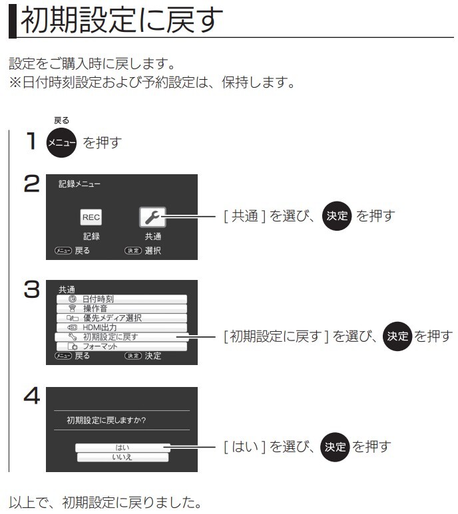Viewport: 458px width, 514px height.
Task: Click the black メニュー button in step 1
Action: click(x=61, y=142)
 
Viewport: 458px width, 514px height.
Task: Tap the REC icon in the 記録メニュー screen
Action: click(x=91, y=217)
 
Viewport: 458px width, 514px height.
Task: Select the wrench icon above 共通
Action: click(x=152, y=217)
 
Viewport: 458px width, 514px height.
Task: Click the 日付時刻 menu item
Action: click(x=122, y=299)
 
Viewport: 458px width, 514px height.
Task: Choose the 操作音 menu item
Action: click(x=122, y=309)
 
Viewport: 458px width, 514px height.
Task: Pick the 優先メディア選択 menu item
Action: click(x=122, y=318)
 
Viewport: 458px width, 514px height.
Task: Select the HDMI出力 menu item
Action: click(x=122, y=327)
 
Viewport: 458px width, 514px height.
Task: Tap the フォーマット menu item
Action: click(x=122, y=346)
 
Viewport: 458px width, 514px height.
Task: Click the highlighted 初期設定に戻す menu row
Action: click(x=122, y=336)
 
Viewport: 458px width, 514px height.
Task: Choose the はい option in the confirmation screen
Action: click(x=122, y=448)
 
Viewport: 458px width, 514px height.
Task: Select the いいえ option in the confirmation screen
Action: click(x=122, y=457)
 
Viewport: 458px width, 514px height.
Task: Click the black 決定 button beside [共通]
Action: click(x=337, y=215)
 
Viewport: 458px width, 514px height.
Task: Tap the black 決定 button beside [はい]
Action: click(x=335, y=447)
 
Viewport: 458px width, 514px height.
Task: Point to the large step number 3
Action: click(x=32, y=289)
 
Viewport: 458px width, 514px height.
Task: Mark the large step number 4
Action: click(x=32, y=396)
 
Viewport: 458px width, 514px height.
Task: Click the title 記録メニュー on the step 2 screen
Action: click(x=79, y=184)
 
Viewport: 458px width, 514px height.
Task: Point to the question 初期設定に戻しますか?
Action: click(x=107, y=420)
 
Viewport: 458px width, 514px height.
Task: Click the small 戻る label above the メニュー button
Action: click(x=62, y=120)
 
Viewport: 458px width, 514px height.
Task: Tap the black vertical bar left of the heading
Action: click(x=13, y=22)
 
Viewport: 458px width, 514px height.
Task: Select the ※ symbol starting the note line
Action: click(x=15, y=82)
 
